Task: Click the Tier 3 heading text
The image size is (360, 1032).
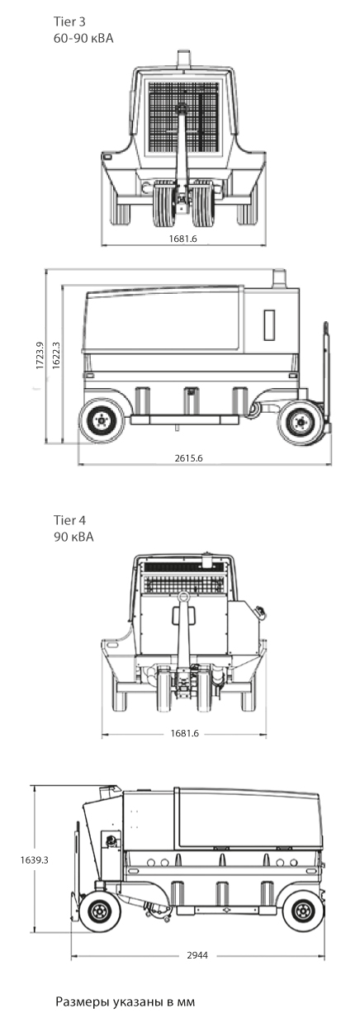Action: pos(69,21)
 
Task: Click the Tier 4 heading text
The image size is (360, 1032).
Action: pos(69,520)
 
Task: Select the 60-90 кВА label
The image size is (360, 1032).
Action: pos(83,38)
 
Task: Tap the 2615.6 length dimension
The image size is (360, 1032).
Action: pos(188,458)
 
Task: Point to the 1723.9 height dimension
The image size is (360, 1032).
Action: pos(40,356)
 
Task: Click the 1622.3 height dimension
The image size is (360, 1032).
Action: pos(56,356)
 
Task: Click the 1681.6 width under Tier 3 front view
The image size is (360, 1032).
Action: pos(183,239)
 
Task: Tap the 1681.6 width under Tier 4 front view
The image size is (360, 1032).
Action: pos(184,733)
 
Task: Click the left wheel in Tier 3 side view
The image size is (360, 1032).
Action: pos(102,420)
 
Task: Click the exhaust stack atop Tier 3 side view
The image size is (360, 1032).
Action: pos(280,277)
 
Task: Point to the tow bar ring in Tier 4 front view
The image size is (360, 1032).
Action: pos(183,598)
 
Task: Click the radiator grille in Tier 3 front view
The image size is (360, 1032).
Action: pos(182,117)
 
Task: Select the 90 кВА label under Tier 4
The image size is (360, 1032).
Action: pos(73,537)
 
